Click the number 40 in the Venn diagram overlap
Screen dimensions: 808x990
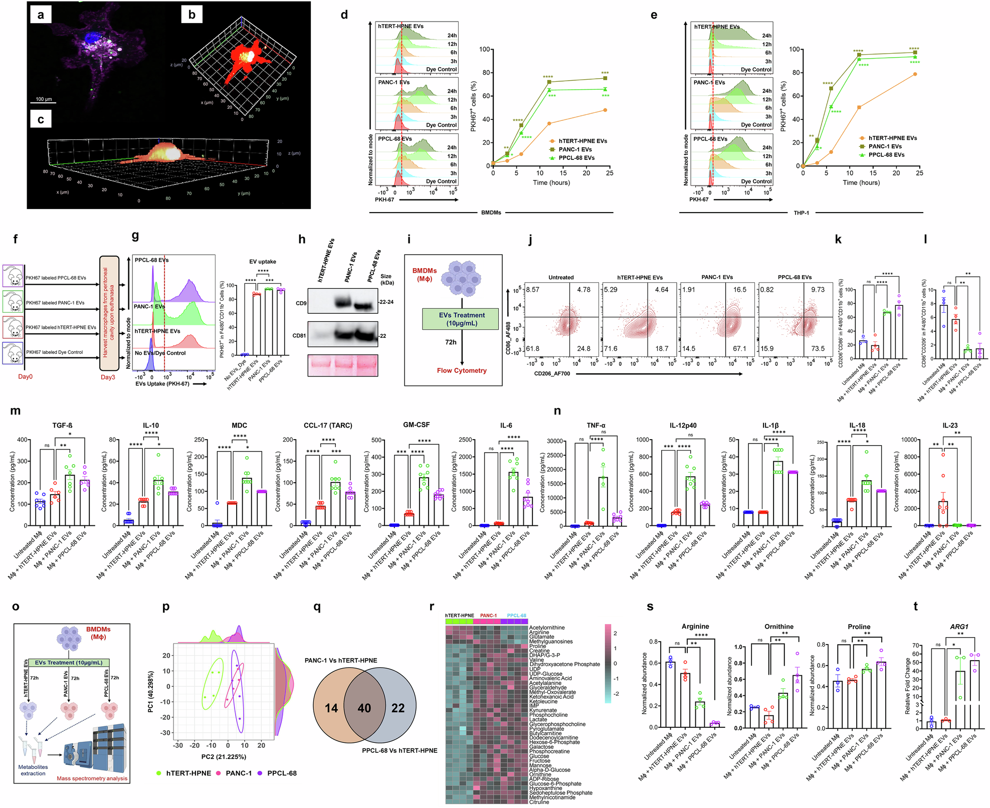point(364,708)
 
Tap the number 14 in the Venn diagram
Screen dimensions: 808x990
point(331,708)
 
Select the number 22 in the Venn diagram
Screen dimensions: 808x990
point(398,708)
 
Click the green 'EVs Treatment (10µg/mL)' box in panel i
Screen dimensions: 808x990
point(461,319)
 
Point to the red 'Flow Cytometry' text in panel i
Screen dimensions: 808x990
point(461,370)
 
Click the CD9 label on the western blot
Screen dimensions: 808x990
point(301,303)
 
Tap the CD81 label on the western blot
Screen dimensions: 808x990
point(299,335)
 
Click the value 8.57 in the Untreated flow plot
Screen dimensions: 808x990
point(533,290)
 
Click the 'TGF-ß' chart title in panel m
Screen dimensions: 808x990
point(63,425)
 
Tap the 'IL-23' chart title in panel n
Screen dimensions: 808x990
point(949,425)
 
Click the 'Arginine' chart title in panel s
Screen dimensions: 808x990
point(695,626)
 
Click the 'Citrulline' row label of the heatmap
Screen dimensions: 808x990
point(539,802)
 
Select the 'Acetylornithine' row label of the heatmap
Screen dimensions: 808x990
point(547,628)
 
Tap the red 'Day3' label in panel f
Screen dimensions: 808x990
point(108,377)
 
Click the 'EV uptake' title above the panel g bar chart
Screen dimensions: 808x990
point(263,262)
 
